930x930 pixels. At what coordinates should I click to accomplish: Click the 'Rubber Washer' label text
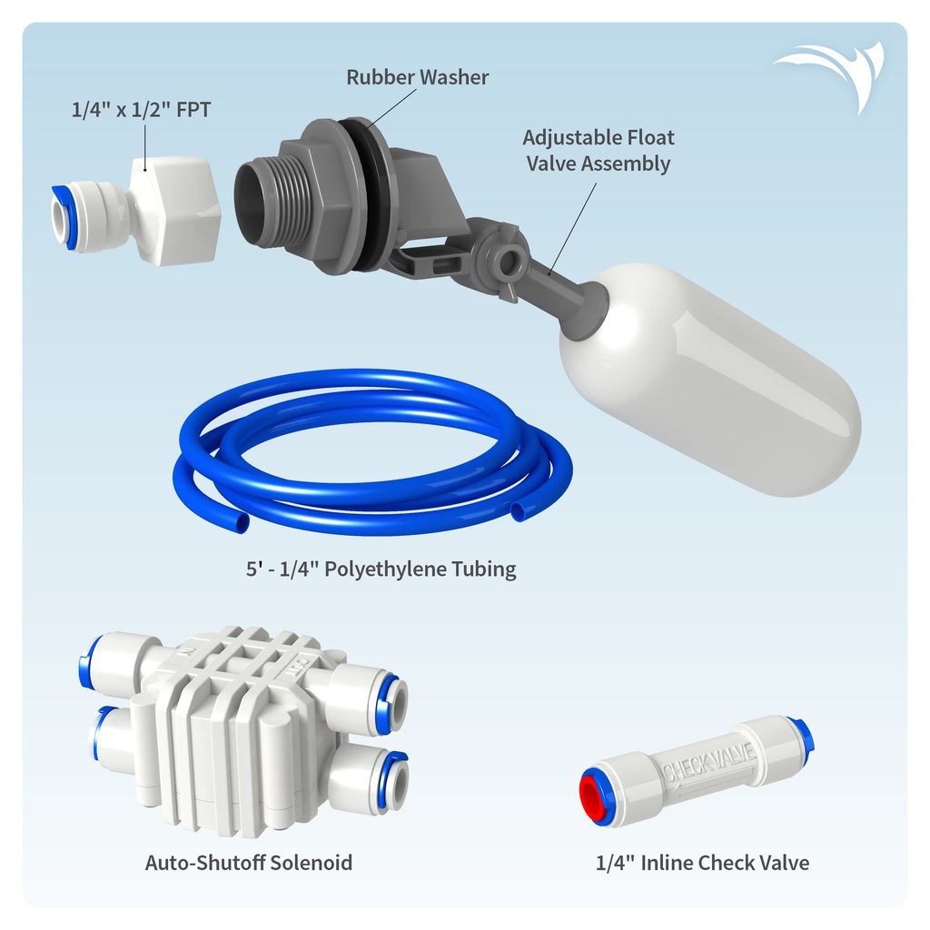click(x=417, y=77)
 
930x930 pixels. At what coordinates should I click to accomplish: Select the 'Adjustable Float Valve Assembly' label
click(x=599, y=151)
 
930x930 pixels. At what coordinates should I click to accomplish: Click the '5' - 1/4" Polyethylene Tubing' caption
click(x=375, y=569)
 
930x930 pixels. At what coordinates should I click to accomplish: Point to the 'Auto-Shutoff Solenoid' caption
click(x=248, y=862)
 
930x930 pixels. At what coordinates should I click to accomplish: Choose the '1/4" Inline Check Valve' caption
click(x=702, y=862)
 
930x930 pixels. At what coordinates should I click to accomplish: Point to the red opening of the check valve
click(x=596, y=795)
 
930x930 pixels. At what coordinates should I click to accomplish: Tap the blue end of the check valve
click(x=803, y=734)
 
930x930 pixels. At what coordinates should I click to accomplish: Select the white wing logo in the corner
click(x=832, y=73)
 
